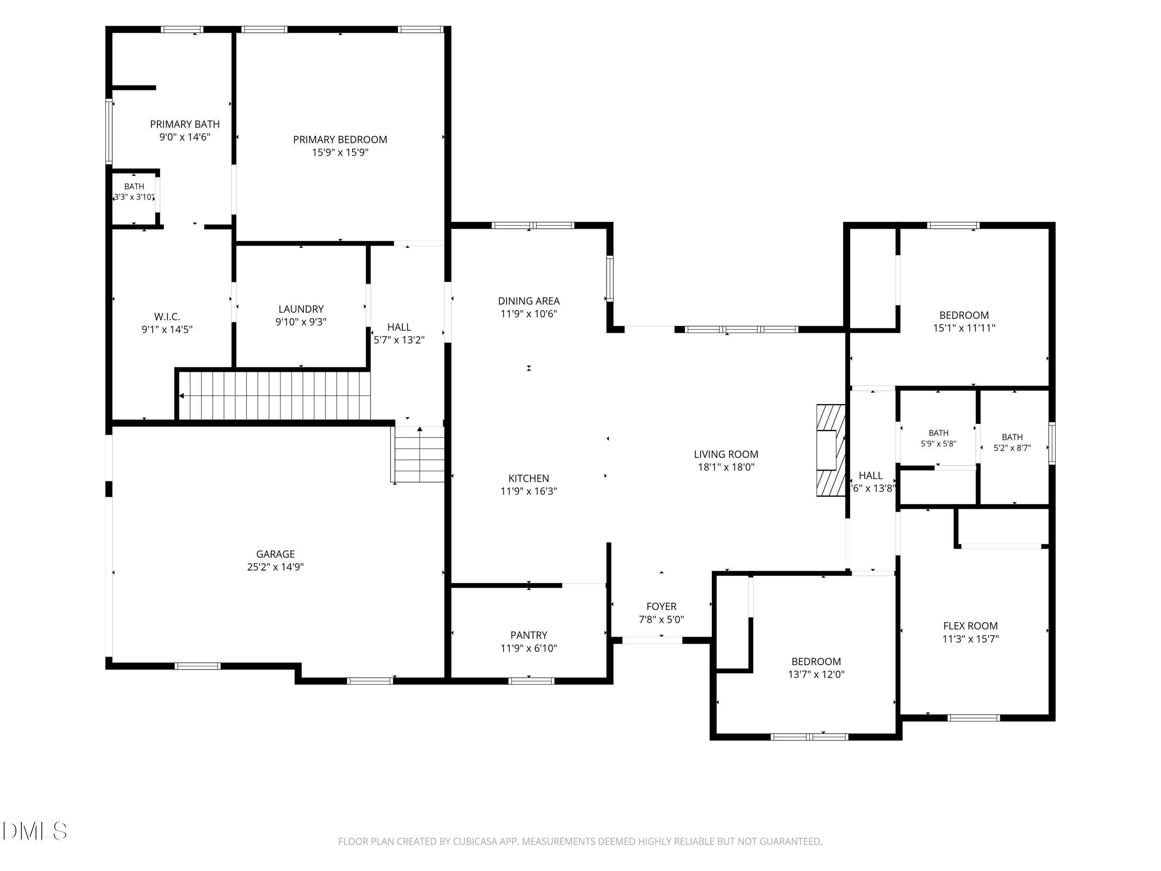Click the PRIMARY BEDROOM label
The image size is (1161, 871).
point(340,140)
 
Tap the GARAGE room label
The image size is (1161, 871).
point(276,554)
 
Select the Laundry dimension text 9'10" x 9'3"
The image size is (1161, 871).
point(301,322)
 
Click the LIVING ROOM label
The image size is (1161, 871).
point(726,454)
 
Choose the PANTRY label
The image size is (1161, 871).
point(529,635)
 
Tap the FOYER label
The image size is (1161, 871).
point(661,606)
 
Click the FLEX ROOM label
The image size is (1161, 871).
point(971,626)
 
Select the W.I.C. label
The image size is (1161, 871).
point(167,317)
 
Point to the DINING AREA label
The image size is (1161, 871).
point(529,301)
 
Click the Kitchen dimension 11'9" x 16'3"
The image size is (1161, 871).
point(529,491)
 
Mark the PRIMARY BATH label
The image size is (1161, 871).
point(185,124)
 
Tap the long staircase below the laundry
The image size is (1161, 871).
point(274,396)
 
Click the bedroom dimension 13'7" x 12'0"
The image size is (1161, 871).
point(816,675)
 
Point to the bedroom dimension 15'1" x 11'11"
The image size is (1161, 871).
point(964,328)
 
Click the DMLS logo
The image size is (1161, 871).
point(35,831)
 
